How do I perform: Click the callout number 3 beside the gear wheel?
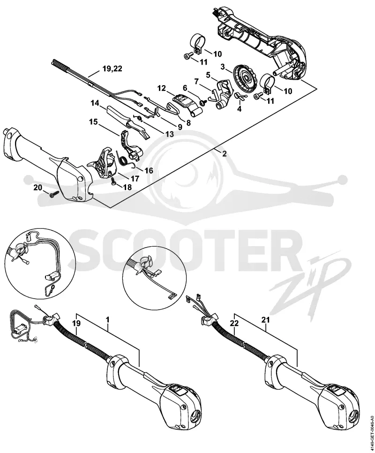223,67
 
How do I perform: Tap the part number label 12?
162,88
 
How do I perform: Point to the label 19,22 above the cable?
112,69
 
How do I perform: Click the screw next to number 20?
54,194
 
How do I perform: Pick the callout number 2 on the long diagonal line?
225,153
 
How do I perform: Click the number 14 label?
95,103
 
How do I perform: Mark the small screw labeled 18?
113,182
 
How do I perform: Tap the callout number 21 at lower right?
265,320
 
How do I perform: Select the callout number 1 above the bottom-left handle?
108,320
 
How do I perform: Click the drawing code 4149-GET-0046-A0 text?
371,427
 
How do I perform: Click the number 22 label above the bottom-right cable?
235,323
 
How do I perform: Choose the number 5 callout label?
208,74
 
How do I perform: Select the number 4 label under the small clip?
239,109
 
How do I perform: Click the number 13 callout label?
170,134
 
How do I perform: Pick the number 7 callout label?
197,81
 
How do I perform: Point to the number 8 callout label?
188,123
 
